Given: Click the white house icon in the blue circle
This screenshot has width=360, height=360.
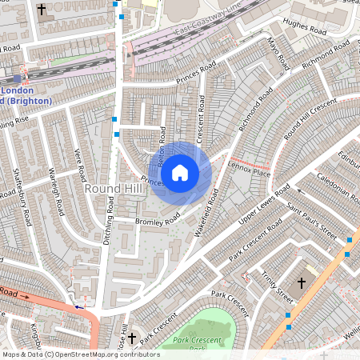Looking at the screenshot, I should click(180, 172).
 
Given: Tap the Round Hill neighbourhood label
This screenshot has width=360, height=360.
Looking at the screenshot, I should click(114, 187).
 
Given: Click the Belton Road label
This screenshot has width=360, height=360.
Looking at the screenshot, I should click(162, 145).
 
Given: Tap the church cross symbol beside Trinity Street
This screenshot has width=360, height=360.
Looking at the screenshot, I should click(302, 283).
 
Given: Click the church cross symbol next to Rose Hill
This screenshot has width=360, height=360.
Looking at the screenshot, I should click(132, 338).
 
